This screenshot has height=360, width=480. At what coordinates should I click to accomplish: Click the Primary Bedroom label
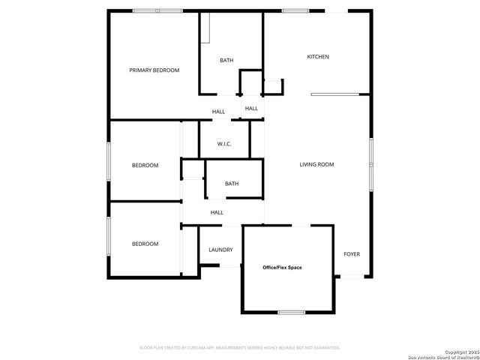[x=154, y=70]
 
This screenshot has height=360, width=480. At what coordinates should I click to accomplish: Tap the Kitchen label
[x=318, y=57]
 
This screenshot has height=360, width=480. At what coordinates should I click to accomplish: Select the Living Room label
[x=316, y=164]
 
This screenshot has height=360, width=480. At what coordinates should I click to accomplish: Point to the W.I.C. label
[x=224, y=143]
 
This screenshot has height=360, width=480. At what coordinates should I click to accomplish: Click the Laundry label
[x=220, y=250]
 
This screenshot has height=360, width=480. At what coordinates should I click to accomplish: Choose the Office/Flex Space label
[x=282, y=267]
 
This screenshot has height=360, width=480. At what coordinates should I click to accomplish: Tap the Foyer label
[x=352, y=254]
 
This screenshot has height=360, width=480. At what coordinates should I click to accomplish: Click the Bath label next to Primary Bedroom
[x=226, y=60]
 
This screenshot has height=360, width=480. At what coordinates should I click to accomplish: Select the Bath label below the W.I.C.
[x=232, y=184]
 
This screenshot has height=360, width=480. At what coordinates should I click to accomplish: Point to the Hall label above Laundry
[x=217, y=212]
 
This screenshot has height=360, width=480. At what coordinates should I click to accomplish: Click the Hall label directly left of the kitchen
[x=251, y=109]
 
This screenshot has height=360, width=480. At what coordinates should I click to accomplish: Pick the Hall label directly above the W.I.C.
[x=218, y=112]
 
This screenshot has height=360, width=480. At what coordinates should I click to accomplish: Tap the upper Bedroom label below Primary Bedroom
[x=145, y=165]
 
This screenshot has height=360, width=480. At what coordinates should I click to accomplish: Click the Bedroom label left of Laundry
[x=145, y=244]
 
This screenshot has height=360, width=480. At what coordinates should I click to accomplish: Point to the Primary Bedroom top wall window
[x=157, y=10]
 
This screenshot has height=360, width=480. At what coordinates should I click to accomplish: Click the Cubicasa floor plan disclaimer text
[x=240, y=348]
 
